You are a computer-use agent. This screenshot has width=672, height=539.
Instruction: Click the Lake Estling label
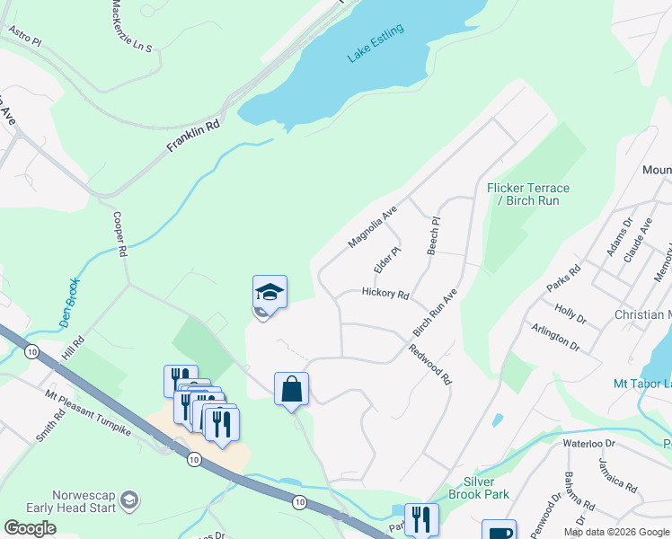(x=376, y=43)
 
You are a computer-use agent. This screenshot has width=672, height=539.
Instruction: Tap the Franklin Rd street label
(x=193, y=138)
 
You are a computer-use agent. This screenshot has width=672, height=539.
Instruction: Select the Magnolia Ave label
(x=373, y=228)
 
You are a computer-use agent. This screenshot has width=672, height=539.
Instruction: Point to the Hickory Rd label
(x=385, y=294)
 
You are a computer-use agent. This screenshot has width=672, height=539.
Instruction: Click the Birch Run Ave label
(x=436, y=313)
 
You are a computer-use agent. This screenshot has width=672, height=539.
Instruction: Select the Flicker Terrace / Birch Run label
(x=528, y=194)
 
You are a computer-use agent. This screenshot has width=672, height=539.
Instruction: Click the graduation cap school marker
(x=270, y=292)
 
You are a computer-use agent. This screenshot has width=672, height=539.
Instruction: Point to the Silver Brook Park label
(x=486, y=488)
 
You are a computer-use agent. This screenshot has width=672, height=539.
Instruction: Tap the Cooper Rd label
(x=119, y=234)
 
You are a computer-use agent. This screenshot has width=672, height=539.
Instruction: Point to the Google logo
(x=31, y=528)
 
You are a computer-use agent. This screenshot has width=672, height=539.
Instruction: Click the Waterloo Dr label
(x=588, y=443)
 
